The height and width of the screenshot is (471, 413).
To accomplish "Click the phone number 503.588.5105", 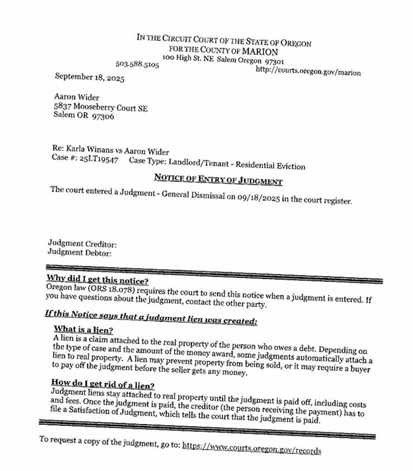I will (x=137, y=65).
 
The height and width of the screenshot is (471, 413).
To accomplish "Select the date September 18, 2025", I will (x=89, y=77).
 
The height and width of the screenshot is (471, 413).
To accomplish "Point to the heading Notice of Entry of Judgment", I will (x=218, y=179).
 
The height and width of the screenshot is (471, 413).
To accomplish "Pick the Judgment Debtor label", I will (x=79, y=252).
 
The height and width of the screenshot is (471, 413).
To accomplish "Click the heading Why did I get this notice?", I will (x=98, y=279).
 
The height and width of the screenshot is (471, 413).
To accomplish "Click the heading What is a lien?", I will (x=83, y=329).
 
